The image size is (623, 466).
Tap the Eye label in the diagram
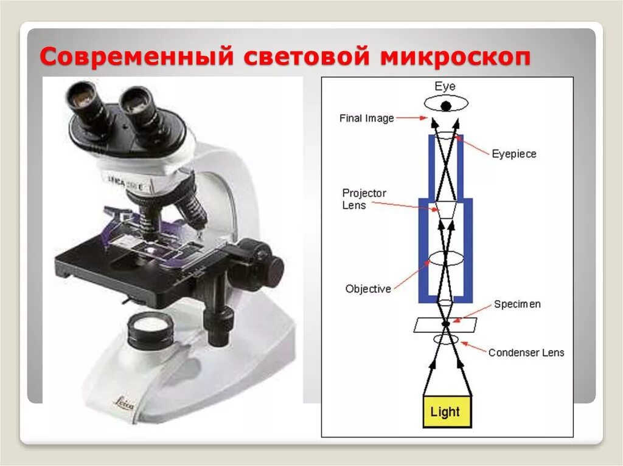click(x=445, y=86)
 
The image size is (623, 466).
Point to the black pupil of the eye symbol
click(x=446, y=106)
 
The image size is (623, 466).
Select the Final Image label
click(x=366, y=118)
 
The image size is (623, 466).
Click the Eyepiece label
click(x=514, y=154)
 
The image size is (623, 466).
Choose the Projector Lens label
click(x=364, y=199)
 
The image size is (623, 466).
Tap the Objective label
click(x=368, y=289)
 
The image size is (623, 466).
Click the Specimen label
click(x=517, y=304)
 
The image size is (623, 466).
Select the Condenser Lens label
click(x=526, y=352)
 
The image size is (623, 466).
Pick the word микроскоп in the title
click(x=456, y=58)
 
